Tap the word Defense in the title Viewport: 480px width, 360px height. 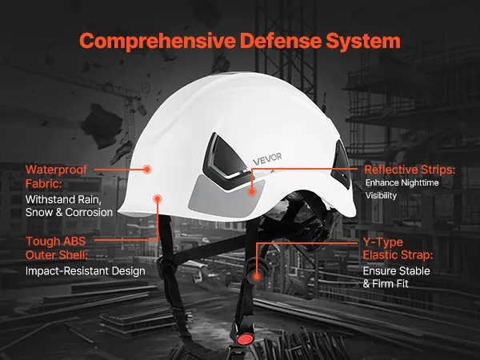(x=280, y=41)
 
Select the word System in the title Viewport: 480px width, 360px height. (x=363, y=41)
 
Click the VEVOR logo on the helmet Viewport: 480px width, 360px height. (x=267, y=159)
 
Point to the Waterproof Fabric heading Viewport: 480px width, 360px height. (x=56, y=177)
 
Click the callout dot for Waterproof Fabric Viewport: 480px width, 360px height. (x=147, y=169)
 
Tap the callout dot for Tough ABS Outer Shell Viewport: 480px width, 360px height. (x=158, y=199)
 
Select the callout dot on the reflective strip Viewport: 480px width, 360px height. (x=252, y=192)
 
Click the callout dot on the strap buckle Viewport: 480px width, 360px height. (x=257, y=278)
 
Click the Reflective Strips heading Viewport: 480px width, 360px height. (x=410, y=170)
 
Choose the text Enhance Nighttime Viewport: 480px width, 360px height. (x=402, y=182)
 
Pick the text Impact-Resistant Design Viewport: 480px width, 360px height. (x=86, y=271)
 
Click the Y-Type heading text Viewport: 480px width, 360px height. (x=383, y=242)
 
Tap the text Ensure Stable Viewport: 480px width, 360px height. (x=397, y=271)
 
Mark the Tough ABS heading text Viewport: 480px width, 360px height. (x=56, y=242)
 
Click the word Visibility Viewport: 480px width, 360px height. (x=381, y=196)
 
